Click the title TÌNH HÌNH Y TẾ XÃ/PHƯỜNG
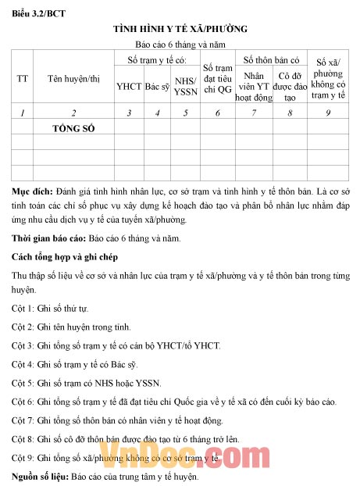[x=180, y=28]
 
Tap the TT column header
[x=23, y=78]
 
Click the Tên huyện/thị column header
[x=73, y=78]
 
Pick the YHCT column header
[x=128, y=87]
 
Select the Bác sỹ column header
[x=158, y=87]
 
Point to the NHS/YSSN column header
[x=185, y=87]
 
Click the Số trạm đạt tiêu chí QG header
[x=218, y=78]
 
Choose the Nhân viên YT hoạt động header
[x=254, y=87]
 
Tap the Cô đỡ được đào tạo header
[x=290, y=87]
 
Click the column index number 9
[x=329, y=113]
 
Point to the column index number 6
[x=218, y=113]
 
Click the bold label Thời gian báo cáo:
[x=50, y=237]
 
